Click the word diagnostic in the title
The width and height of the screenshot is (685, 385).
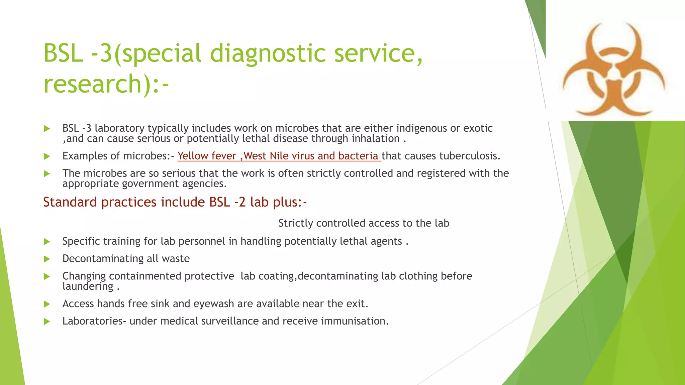[268, 53]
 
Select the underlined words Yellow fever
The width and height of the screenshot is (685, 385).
[207, 156]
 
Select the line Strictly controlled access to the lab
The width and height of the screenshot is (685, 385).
[364, 223]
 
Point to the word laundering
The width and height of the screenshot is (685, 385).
[88, 286]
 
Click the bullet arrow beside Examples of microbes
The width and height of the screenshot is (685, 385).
[47, 156]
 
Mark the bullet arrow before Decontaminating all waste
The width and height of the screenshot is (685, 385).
[47, 259]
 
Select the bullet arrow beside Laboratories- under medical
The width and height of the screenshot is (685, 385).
[47, 322]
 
